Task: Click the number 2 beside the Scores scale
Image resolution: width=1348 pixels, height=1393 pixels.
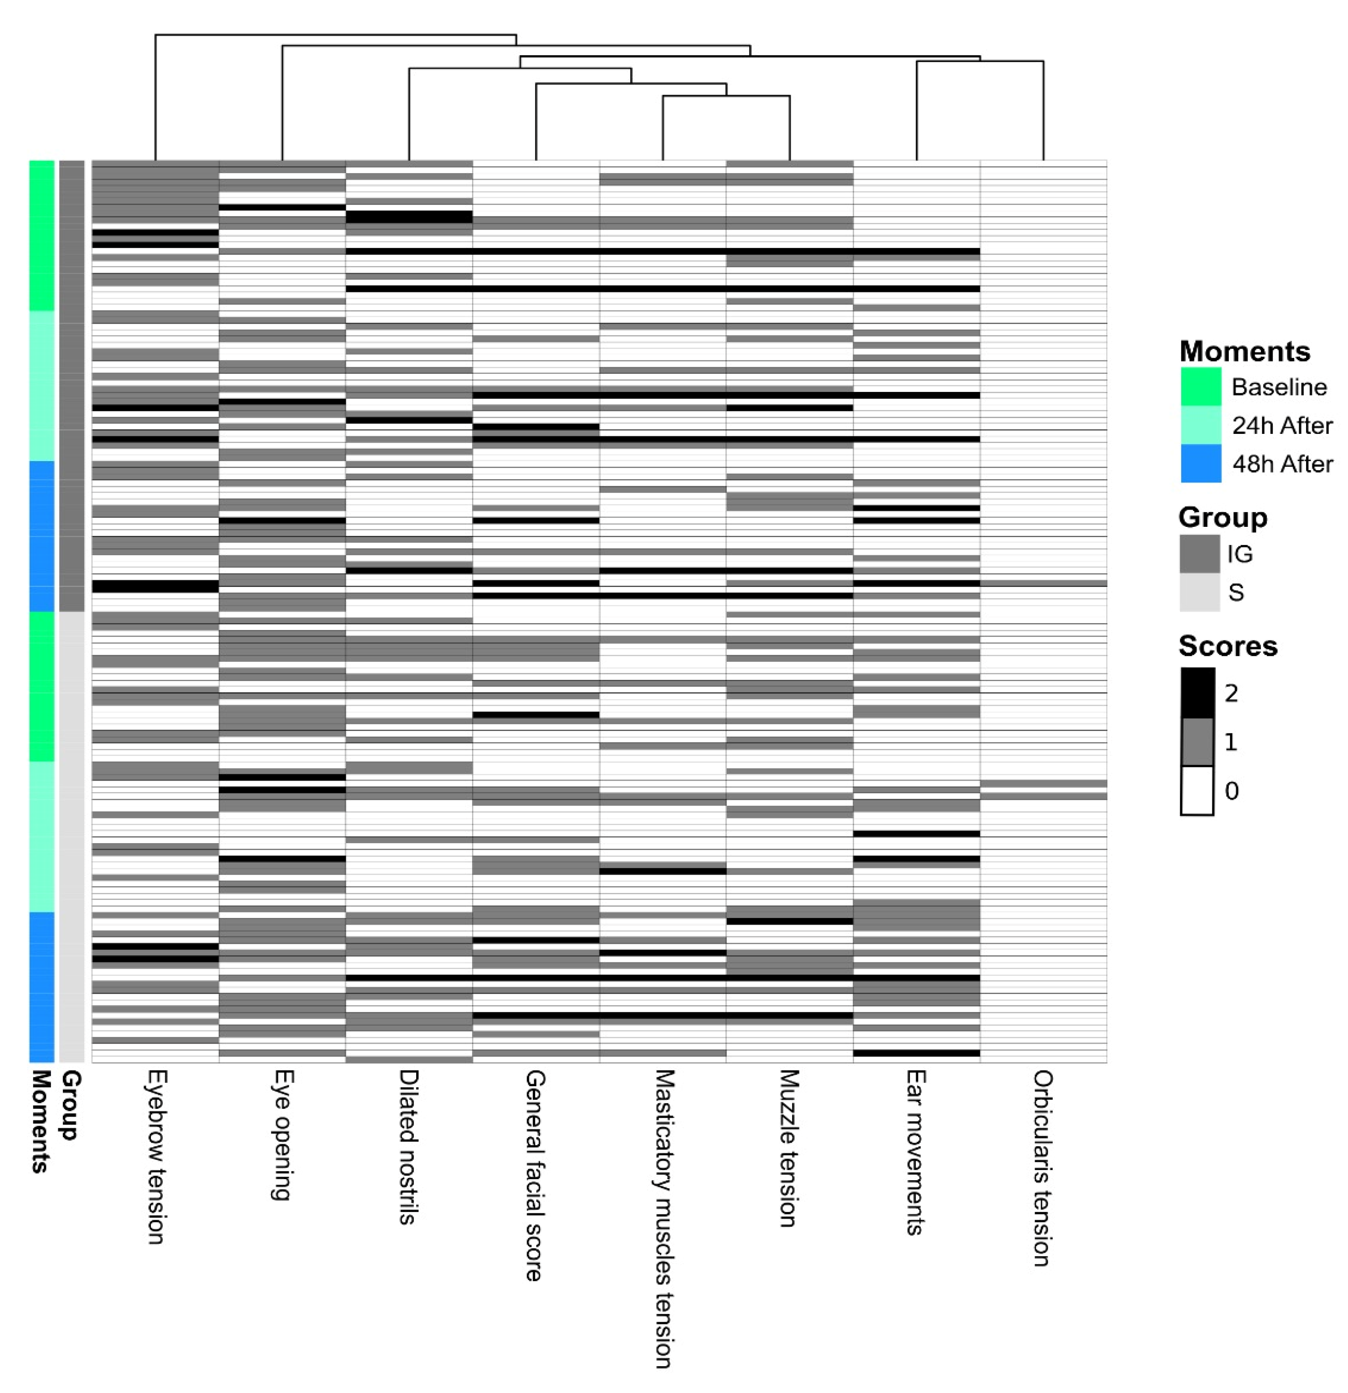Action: click(1232, 693)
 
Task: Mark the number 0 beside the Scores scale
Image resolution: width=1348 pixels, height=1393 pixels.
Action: click(1232, 790)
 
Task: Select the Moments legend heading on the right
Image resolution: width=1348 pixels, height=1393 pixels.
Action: click(1244, 351)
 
